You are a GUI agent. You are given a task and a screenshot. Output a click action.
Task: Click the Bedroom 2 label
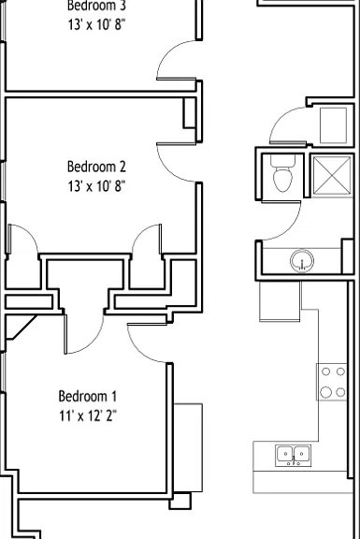point(96,167)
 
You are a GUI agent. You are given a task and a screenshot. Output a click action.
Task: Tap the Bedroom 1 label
point(88,397)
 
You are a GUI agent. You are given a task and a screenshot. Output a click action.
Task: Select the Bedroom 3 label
point(96,6)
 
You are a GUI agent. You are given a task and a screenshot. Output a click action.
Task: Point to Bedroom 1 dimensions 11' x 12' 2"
point(88,415)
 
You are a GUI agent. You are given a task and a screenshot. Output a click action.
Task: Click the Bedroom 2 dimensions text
point(96,186)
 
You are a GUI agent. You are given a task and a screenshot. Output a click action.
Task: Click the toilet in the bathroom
point(282,173)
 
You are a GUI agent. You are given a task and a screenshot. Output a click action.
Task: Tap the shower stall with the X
point(332,176)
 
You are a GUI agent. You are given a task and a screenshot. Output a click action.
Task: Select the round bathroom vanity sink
point(302,261)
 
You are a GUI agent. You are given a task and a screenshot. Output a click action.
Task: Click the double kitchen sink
point(293,456)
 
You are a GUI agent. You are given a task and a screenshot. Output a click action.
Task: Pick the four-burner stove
point(332,382)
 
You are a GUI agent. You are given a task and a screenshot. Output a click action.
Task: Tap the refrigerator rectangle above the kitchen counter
point(280,301)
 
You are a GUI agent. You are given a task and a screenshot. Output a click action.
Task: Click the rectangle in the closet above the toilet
point(333,125)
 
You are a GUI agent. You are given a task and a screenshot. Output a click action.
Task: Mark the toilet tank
point(282,160)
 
